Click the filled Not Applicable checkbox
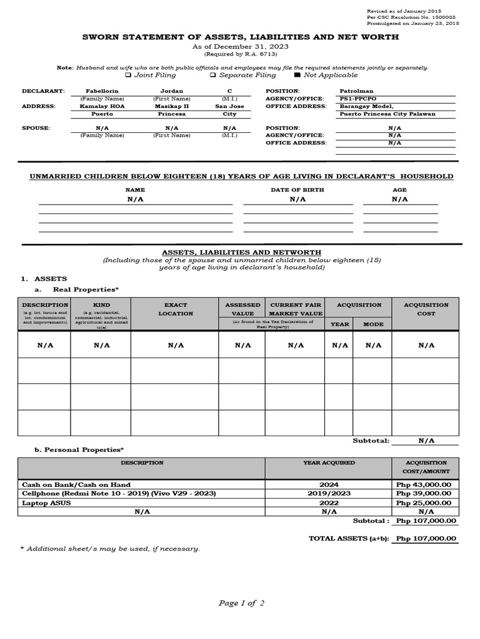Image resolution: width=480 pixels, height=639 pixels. pos(297,76)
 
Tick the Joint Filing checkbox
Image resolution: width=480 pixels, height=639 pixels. pos(128,76)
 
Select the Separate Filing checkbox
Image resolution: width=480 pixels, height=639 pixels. pos(212,76)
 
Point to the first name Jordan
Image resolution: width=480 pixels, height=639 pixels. pos(172,91)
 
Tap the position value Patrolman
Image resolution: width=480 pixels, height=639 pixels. pos(356,91)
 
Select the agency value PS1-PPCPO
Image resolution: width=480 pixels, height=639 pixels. pos(357,99)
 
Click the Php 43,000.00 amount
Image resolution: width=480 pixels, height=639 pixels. pos(427,484)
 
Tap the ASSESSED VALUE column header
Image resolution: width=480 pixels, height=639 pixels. pos(242,309)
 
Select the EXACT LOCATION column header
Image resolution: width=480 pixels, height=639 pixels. pos(176,309)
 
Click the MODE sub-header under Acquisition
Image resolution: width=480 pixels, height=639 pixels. pos(373,324)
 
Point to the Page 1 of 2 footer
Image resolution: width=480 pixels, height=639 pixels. pos(241,603)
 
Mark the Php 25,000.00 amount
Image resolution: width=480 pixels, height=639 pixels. pos(427,502)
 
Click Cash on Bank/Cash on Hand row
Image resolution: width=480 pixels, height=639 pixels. pos(76,484)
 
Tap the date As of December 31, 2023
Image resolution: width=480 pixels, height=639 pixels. pos(241,47)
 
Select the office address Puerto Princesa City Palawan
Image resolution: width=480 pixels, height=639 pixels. pos(387,114)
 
